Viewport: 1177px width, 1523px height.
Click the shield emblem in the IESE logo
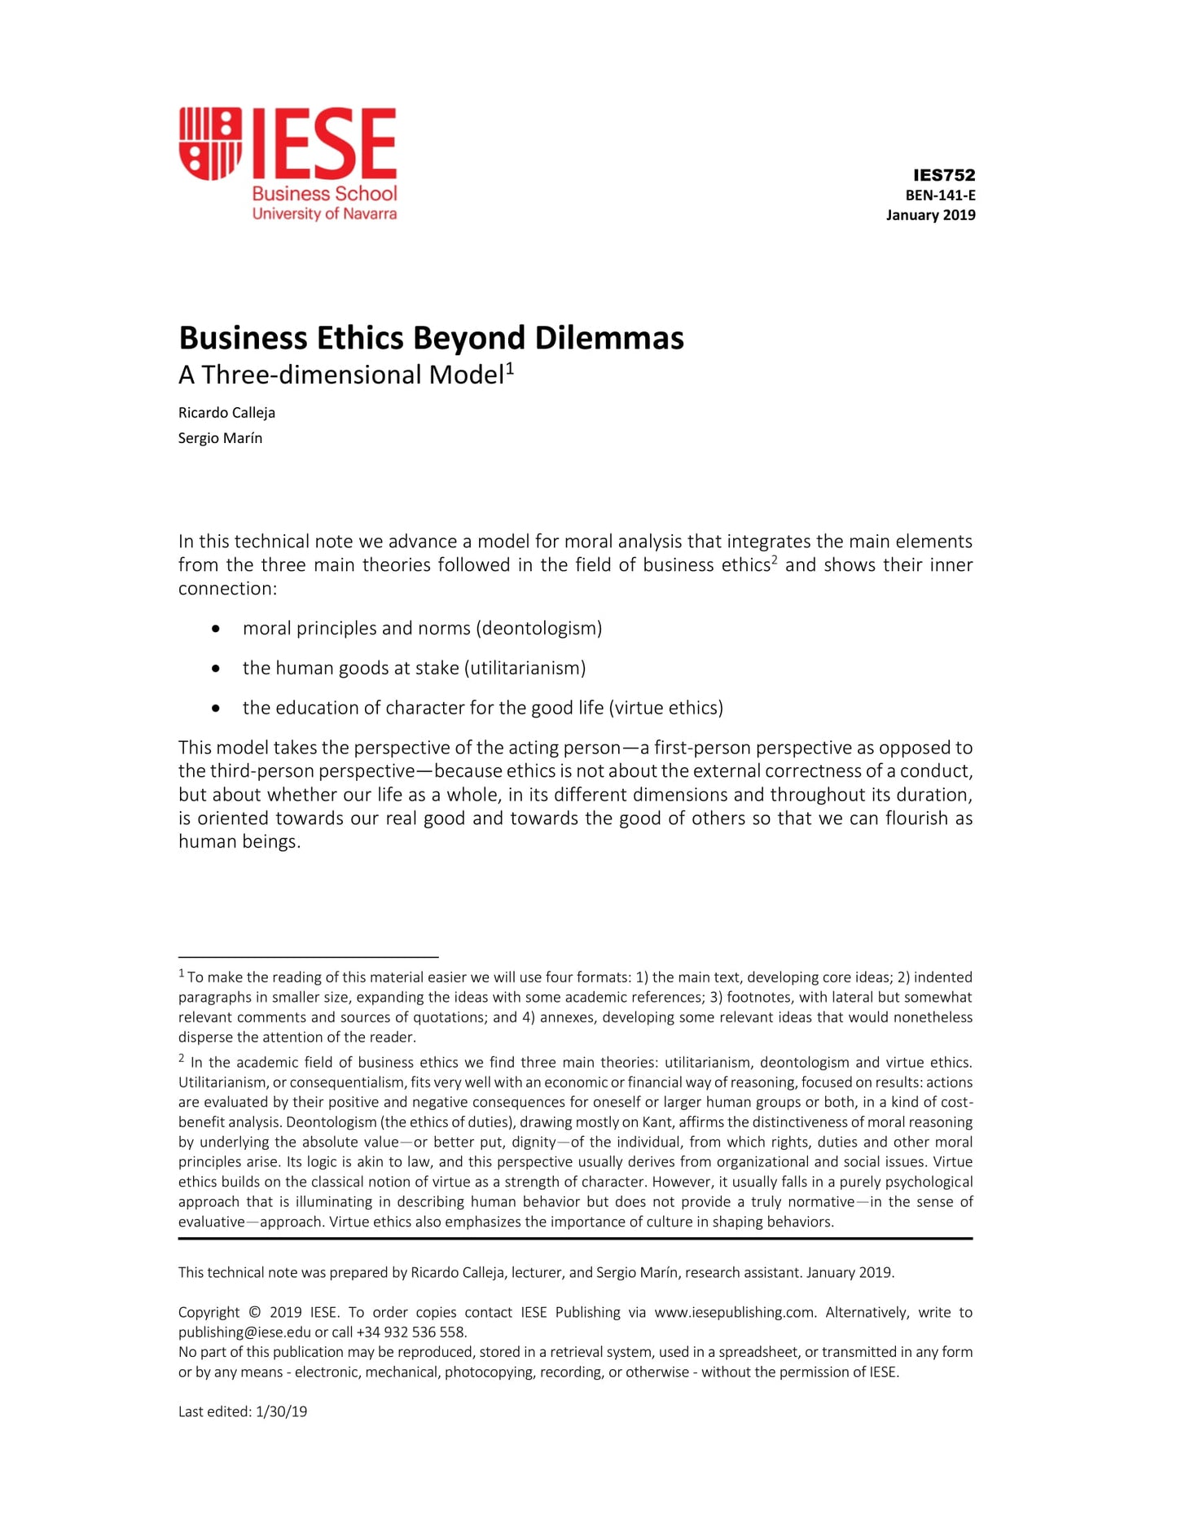(210, 143)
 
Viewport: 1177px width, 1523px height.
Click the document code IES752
(943, 175)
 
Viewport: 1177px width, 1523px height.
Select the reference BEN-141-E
(940, 195)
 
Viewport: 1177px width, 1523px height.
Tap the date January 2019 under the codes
(930, 215)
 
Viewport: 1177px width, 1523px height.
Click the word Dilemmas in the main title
(609, 338)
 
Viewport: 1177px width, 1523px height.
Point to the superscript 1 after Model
(510, 369)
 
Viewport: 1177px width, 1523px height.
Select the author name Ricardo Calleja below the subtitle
(226, 413)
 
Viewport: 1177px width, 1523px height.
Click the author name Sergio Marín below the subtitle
(220, 438)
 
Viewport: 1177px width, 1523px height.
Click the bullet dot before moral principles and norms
(215, 629)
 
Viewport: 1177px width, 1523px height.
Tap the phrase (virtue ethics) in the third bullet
(665, 708)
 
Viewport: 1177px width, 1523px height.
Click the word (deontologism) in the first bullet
(539, 629)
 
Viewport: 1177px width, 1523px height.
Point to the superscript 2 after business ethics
(774, 560)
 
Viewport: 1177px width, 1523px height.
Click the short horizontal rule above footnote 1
(308, 957)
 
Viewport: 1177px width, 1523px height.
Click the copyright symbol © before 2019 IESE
(255, 1313)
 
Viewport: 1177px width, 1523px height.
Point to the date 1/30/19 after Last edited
(281, 1412)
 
